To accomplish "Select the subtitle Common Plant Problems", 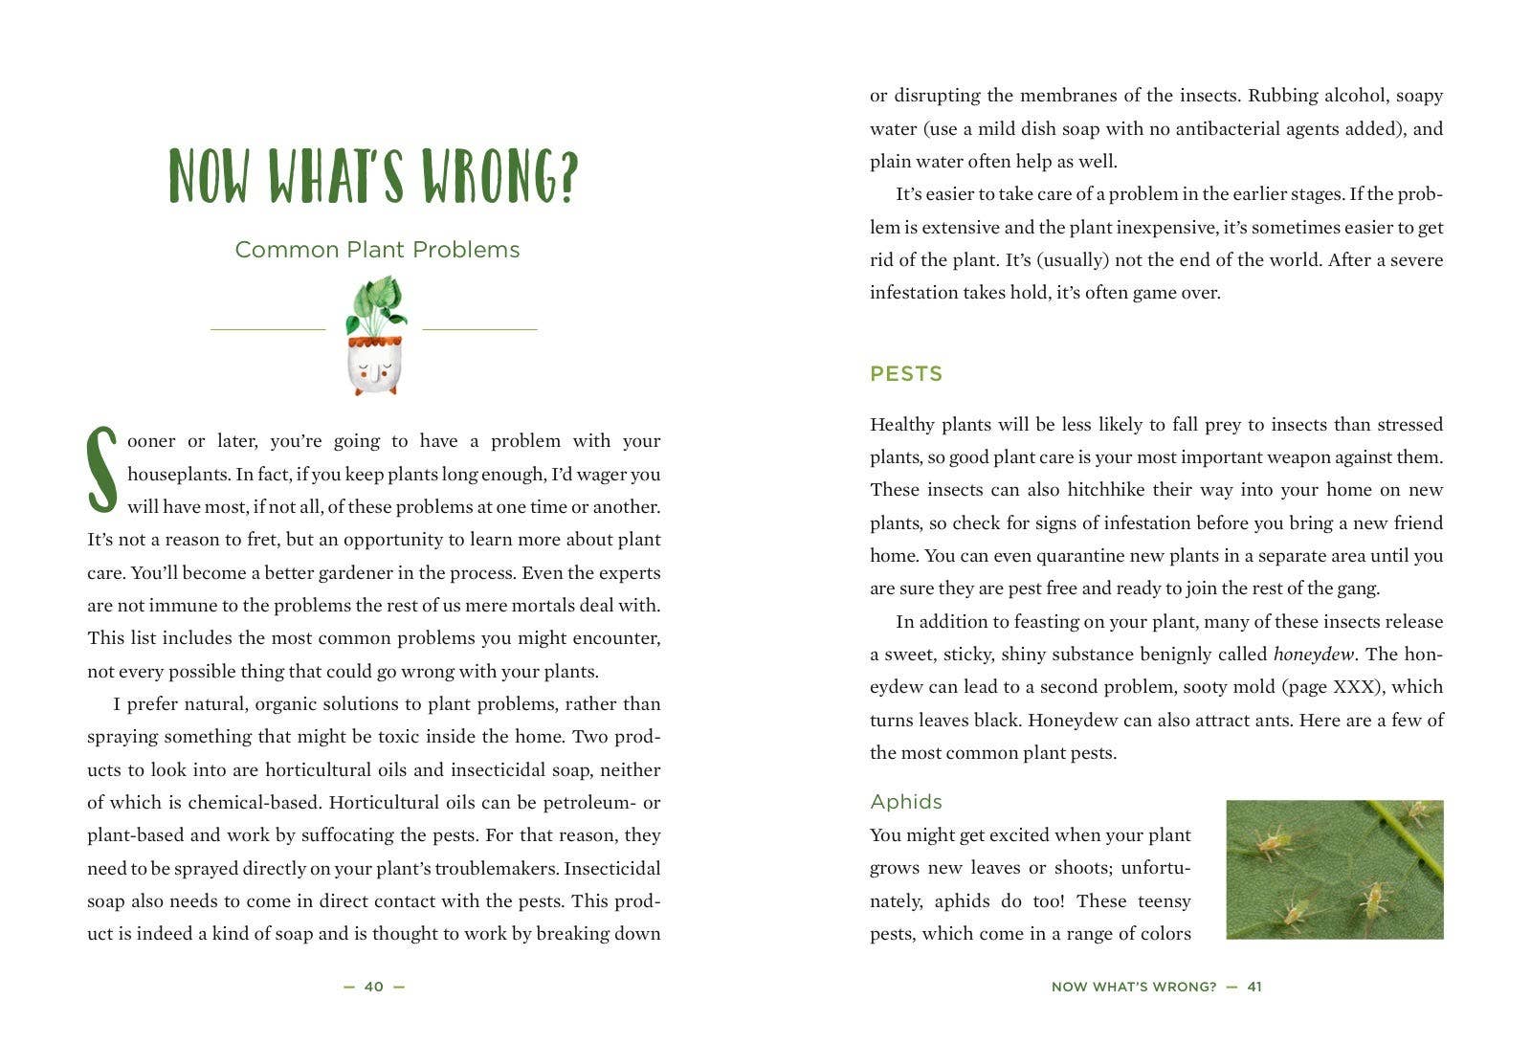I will click(x=377, y=250).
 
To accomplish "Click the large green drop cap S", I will click(x=102, y=470).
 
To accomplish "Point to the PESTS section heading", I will click(x=905, y=374).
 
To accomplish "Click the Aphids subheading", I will click(x=905, y=802).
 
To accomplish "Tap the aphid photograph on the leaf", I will click(x=1334, y=869).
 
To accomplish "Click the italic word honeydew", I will click(x=1313, y=655).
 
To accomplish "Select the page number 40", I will click(x=374, y=987).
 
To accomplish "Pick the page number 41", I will click(x=1254, y=987).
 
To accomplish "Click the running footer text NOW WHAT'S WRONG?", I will click(x=1133, y=987).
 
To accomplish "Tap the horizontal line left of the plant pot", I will click(x=268, y=329).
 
